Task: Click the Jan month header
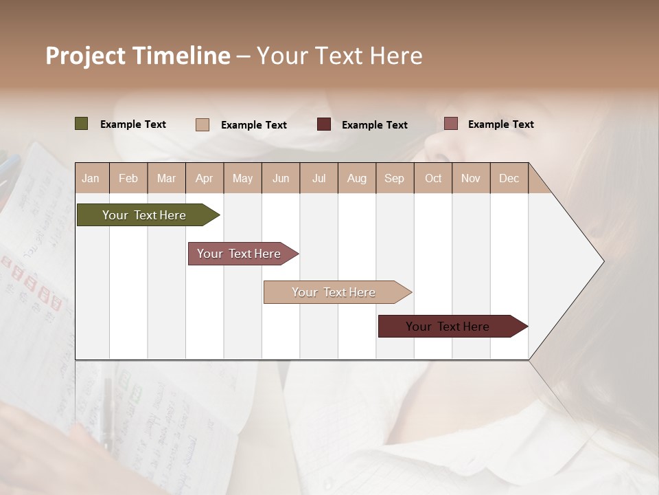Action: tap(91, 178)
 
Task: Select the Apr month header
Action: tap(204, 178)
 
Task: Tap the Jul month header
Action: tap(319, 178)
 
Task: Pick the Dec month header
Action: tap(509, 178)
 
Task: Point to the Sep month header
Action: tap(394, 178)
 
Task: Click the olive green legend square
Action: tap(82, 124)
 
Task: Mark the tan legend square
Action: tap(203, 124)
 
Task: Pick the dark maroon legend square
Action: tap(324, 124)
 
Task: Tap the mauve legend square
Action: tap(451, 124)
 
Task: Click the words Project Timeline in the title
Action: tap(138, 56)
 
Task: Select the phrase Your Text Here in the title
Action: tap(339, 56)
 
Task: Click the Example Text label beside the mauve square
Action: tap(500, 124)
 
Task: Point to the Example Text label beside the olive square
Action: tap(133, 124)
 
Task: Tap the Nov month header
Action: tap(470, 178)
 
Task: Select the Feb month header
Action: tap(128, 178)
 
